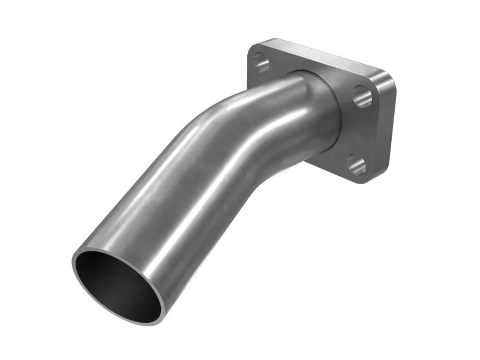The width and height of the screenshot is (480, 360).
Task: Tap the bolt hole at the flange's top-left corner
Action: (260, 61)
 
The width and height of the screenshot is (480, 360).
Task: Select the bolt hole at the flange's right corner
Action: (362, 95)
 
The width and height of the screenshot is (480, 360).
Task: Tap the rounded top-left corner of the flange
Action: (251, 49)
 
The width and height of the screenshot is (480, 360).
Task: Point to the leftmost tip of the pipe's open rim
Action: (73, 264)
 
